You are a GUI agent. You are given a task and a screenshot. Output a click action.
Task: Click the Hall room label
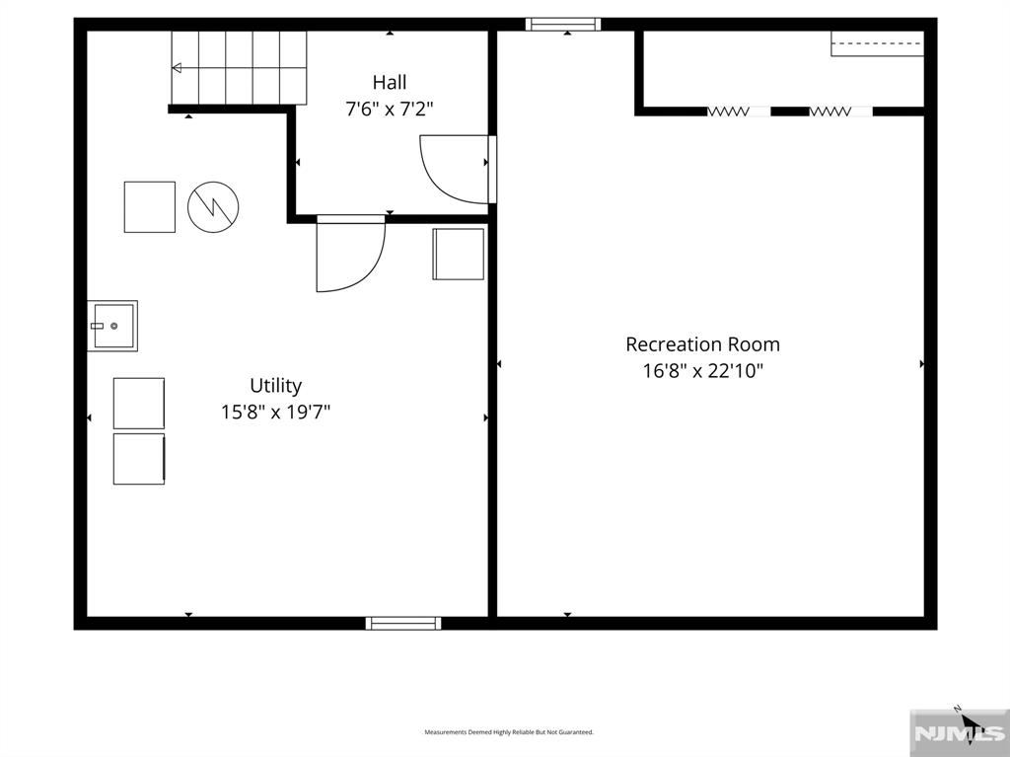coord(389,83)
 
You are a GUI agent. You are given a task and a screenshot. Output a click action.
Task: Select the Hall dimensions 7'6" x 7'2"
coord(389,109)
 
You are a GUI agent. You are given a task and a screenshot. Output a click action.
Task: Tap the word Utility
coord(276,386)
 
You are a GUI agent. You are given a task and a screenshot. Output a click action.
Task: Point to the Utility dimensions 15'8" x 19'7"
coord(276,412)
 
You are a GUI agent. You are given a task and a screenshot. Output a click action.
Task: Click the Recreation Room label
coord(702,344)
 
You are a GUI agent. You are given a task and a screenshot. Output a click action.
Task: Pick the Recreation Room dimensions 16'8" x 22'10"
coord(702,371)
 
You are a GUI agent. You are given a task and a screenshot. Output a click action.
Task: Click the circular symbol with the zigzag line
coord(213,206)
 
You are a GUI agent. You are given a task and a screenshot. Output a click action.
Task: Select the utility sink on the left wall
coord(112,326)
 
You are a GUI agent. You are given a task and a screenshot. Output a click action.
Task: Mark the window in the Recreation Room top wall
coord(563,25)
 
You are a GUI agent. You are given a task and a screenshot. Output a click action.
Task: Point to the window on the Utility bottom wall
coord(403,623)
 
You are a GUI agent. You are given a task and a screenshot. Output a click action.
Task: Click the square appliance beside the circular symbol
coord(150,206)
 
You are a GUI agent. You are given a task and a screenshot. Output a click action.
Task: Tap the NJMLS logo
coord(960,733)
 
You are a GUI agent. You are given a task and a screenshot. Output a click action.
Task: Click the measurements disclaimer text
coord(509,732)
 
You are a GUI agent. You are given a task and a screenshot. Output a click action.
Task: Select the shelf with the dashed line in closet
coord(877,43)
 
